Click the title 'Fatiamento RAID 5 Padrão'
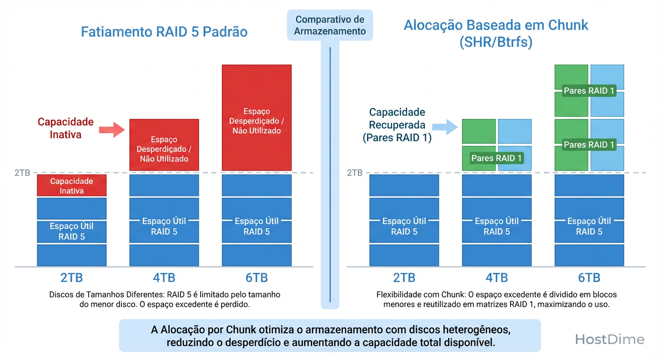pos(164,32)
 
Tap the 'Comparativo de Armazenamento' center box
pos(330,25)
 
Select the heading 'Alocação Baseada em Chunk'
pos(496,25)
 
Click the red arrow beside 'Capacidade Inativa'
pos(113,129)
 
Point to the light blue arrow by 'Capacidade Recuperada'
pos(445,126)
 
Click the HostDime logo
pos(609,339)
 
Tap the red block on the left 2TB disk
pos(72,186)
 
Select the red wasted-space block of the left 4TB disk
pos(164,145)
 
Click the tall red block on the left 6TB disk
pos(257,117)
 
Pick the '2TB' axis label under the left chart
pos(72,277)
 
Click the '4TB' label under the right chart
pos(497,277)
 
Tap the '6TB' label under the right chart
pos(589,277)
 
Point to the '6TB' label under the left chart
pos(257,277)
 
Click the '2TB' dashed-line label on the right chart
pos(354,172)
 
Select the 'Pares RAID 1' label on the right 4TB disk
pos(496,158)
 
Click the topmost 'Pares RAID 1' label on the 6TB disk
pos(589,91)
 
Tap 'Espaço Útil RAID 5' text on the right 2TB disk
pos(404,226)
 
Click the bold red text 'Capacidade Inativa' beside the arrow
pos(66,128)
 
